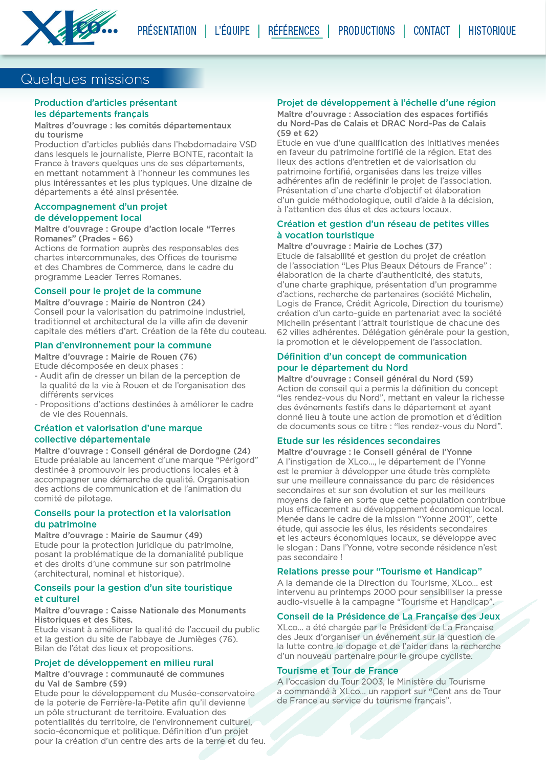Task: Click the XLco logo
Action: (69, 28)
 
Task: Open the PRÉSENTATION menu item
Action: (167, 31)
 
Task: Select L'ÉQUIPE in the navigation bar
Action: (232, 31)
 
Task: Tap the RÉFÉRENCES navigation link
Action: (294, 31)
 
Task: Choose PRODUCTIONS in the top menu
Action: (366, 31)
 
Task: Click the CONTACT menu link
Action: (431, 31)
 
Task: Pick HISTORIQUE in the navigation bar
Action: (492, 31)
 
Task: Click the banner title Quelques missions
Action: (85, 79)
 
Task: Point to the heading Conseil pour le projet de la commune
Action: (118, 291)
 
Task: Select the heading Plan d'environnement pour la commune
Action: (123, 345)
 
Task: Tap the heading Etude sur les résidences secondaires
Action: (359, 441)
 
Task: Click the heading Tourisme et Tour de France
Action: (338, 671)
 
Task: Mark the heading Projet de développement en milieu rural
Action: (124, 663)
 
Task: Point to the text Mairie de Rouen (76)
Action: (154, 357)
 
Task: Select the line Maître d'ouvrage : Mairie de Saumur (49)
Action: (118, 535)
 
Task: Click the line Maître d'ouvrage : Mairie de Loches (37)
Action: (360, 246)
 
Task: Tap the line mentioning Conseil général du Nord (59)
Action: (375, 379)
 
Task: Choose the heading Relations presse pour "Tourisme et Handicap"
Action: (380, 571)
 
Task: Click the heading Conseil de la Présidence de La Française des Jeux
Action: (388, 616)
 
